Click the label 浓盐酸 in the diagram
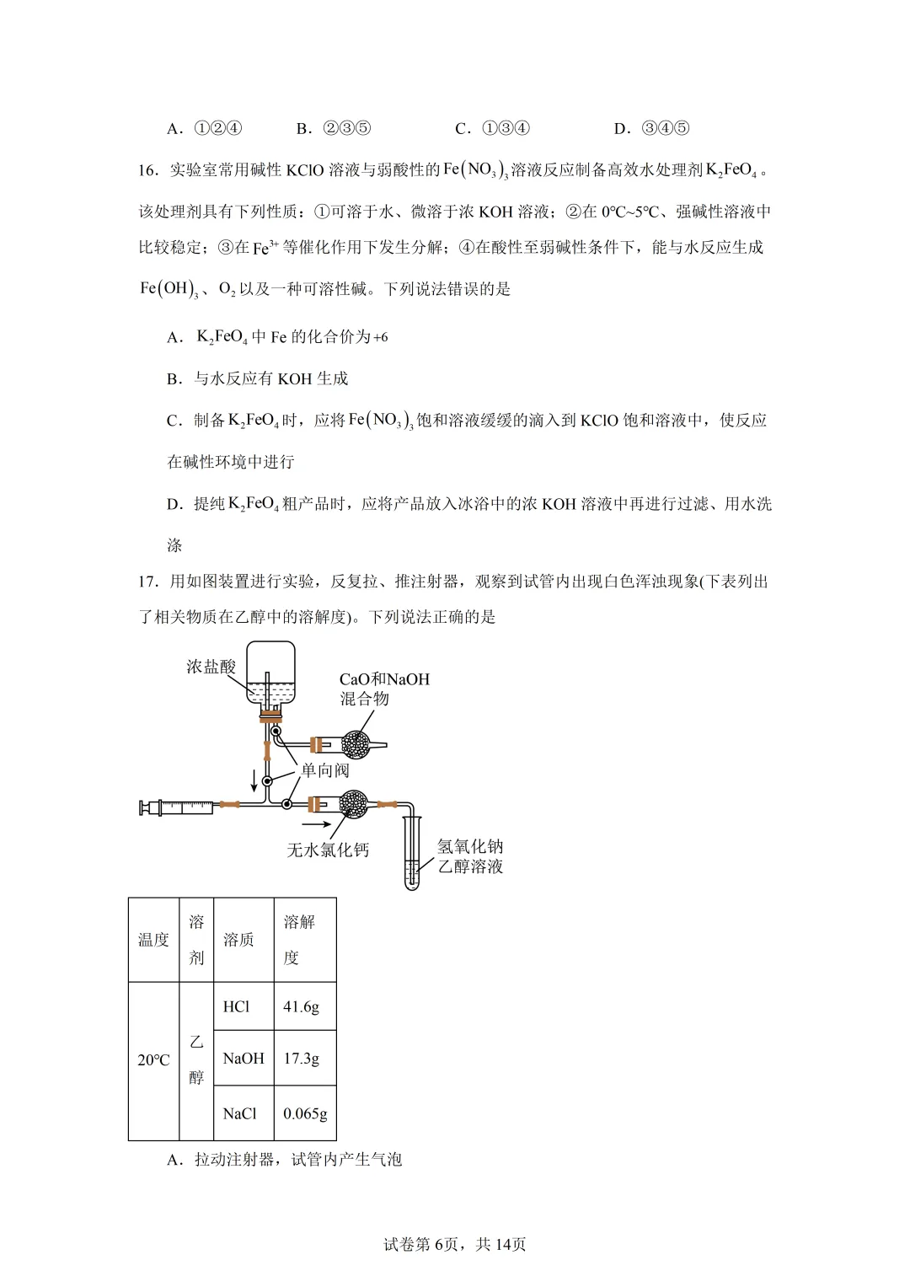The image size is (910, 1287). pyautogui.click(x=211, y=667)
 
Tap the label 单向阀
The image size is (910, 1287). pyautogui.click(x=324, y=770)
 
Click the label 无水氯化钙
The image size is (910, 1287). pyautogui.click(x=328, y=850)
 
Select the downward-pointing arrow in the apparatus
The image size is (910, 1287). pyautogui.click(x=254, y=780)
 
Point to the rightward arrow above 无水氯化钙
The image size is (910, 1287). pyautogui.click(x=317, y=823)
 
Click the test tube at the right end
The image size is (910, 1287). pyautogui.click(x=411, y=853)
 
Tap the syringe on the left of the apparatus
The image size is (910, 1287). pyautogui.click(x=179, y=807)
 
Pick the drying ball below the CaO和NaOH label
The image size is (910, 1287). pyautogui.click(x=356, y=744)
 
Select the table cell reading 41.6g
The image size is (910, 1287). pyautogui.click(x=302, y=1006)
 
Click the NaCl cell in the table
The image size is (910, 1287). pyautogui.click(x=240, y=1113)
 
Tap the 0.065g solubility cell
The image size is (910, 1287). pyautogui.click(x=305, y=1113)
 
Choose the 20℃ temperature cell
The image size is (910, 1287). pyautogui.click(x=153, y=1059)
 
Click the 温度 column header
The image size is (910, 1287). pyautogui.click(x=153, y=939)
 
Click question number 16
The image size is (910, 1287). pyautogui.click(x=148, y=170)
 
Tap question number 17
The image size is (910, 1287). pyautogui.click(x=148, y=582)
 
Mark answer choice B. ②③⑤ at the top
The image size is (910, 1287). pyautogui.click(x=334, y=128)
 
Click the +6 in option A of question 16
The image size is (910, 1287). pyautogui.click(x=380, y=337)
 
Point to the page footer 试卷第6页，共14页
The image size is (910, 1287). pyautogui.click(x=455, y=1244)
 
